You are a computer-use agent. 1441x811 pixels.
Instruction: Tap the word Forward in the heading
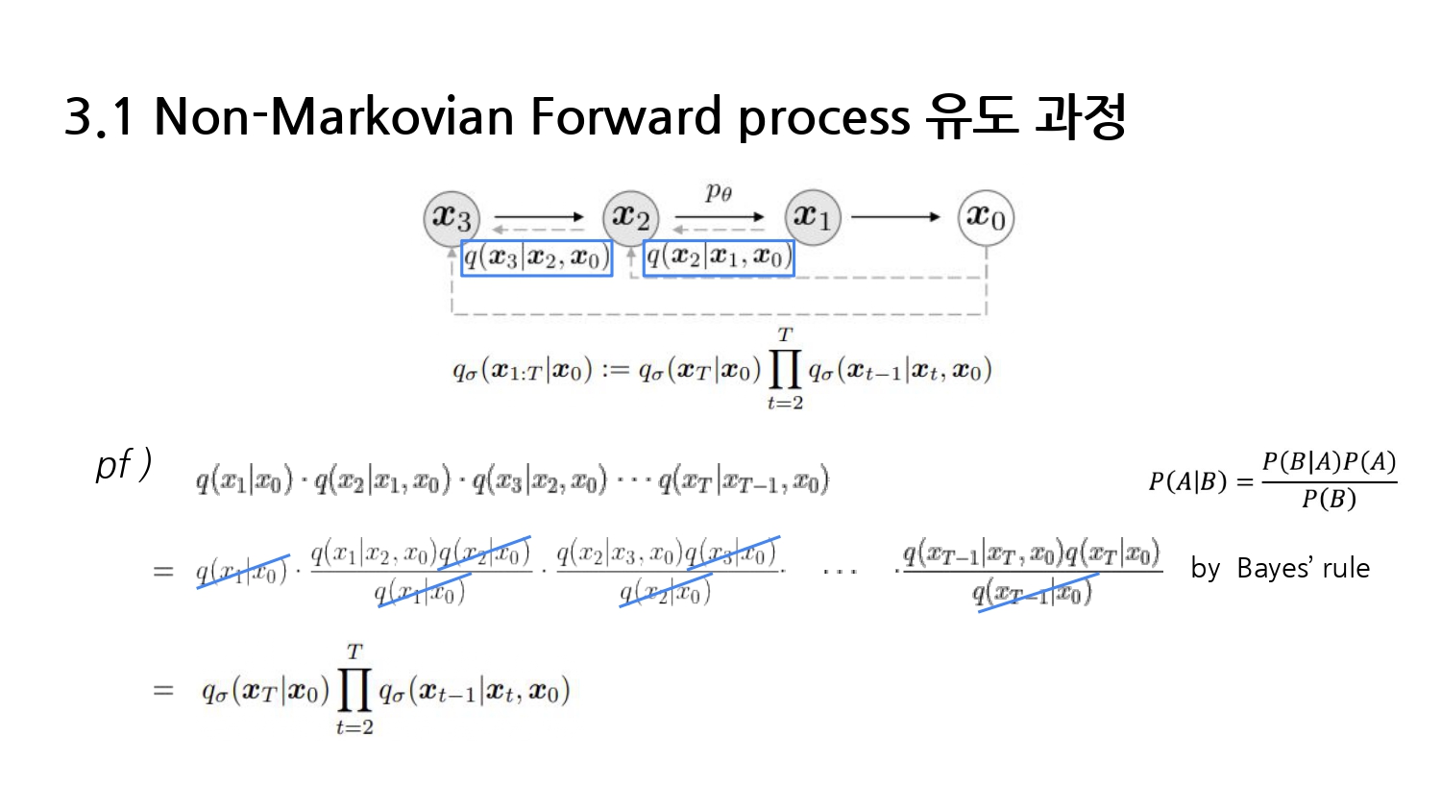(x=625, y=117)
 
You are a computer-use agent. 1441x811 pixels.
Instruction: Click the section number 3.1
(x=99, y=117)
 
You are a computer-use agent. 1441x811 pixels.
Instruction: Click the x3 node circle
(x=452, y=217)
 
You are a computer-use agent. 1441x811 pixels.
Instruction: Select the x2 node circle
(x=630, y=217)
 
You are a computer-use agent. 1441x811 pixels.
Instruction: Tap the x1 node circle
(x=813, y=217)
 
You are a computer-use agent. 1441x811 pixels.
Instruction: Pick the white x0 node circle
(x=986, y=217)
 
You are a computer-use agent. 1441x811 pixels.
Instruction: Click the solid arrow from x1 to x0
(x=895, y=217)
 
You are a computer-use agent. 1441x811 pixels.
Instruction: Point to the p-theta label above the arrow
(x=719, y=192)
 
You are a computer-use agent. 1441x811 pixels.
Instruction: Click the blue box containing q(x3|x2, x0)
(x=536, y=258)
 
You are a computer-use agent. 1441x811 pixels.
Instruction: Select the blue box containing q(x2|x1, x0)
(x=719, y=258)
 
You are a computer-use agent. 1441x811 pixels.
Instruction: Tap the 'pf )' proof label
(x=123, y=465)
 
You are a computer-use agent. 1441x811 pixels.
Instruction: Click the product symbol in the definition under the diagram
(x=785, y=369)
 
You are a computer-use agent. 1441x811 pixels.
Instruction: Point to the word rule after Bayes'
(x=1346, y=568)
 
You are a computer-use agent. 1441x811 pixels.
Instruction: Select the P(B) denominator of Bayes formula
(x=1329, y=499)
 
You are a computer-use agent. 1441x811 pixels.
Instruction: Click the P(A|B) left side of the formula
(x=1187, y=480)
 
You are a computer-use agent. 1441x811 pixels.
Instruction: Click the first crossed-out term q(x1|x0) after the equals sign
(x=242, y=573)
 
